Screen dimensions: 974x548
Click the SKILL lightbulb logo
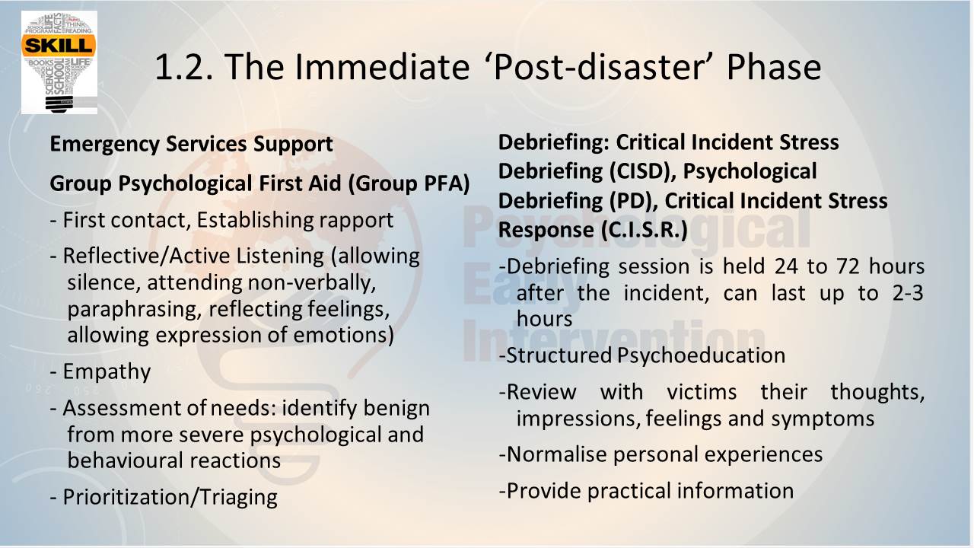(x=59, y=62)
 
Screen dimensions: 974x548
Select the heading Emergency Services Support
(x=191, y=145)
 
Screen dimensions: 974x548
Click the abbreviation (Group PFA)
(x=409, y=183)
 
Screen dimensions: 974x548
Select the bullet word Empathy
(x=107, y=372)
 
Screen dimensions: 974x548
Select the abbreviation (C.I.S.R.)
(x=645, y=230)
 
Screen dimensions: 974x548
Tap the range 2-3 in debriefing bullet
(x=908, y=293)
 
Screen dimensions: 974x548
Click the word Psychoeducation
(x=701, y=355)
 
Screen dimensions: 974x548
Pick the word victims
(x=702, y=392)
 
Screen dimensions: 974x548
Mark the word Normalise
(x=555, y=454)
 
